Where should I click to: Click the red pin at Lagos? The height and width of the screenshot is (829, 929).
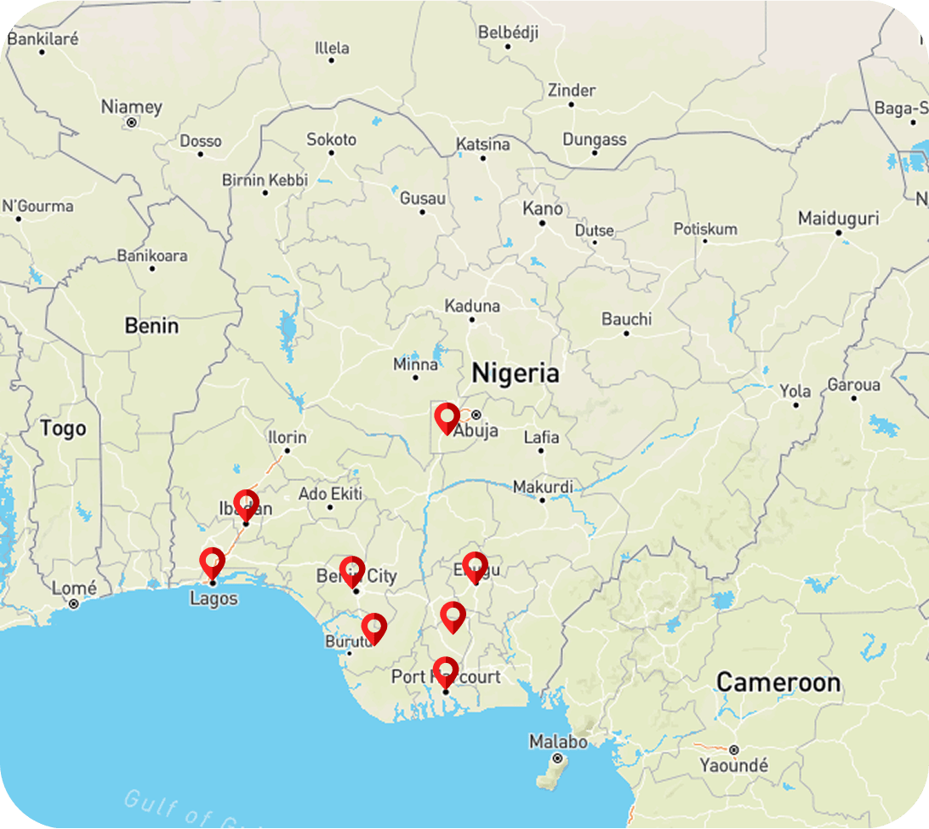pos(212,563)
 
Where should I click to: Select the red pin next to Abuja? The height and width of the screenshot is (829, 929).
pos(447,418)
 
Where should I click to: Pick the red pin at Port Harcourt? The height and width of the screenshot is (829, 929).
pos(445,671)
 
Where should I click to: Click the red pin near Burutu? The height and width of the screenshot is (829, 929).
pos(373,627)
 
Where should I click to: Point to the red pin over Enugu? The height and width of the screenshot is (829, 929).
pos(475,566)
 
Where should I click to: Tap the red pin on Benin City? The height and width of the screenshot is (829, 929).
pos(352,570)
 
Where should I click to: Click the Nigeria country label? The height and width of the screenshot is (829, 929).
pos(516,373)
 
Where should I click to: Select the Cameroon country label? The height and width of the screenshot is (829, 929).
pos(778,682)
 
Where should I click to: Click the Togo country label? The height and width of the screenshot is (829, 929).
pos(63,428)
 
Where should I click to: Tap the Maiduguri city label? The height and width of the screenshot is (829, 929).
pos(838,219)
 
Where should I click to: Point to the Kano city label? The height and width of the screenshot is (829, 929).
pos(542,209)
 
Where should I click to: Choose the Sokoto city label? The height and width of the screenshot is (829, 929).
pos(331,139)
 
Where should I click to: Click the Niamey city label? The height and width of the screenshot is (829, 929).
pos(131,107)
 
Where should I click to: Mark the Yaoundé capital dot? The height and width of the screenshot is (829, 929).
pos(733,750)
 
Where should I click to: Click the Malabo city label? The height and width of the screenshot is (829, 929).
pos(557,741)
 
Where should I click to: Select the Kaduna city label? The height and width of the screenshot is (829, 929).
pos(472,306)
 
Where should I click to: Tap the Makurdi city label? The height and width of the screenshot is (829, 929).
pos(543,487)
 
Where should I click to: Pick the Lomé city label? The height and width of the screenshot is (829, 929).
pos(74,588)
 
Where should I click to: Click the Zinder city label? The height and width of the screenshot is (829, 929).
pos(571,90)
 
